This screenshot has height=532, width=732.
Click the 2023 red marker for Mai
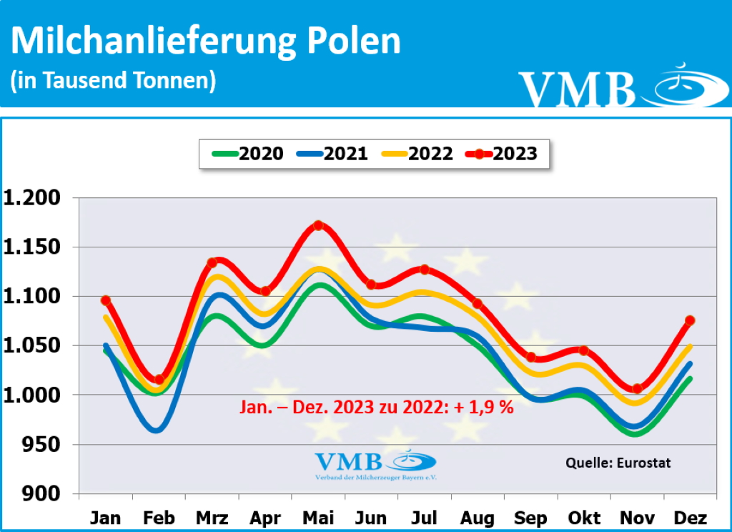pyautogui.click(x=318, y=226)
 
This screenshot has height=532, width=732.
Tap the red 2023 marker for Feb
pyautogui.click(x=159, y=380)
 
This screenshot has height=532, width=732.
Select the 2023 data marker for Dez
pyautogui.click(x=690, y=320)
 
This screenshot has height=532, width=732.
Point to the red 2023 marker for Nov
pyautogui.click(x=637, y=389)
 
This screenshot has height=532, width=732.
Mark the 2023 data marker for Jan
pyautogui.click(x=106, y=300)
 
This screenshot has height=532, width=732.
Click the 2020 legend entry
pyautogui.click(x=247, y=153)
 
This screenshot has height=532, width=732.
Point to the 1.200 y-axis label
pyautogui.click(x=35, y=198)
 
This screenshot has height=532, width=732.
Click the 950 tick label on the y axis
pyautogui.click(x=44, y=445)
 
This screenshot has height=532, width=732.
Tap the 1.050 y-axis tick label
pyautogui.click(x=35, y=346)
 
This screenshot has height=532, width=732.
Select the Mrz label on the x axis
pyautogui.click(x=212, y=518)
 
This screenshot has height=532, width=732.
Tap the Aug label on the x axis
pyautogui.click(x=478, y=518)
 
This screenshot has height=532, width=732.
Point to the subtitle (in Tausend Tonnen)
pyautogui.click(x=113, y=80)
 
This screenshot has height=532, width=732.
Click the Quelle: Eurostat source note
pyautogui.click(x=618, y=462)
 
